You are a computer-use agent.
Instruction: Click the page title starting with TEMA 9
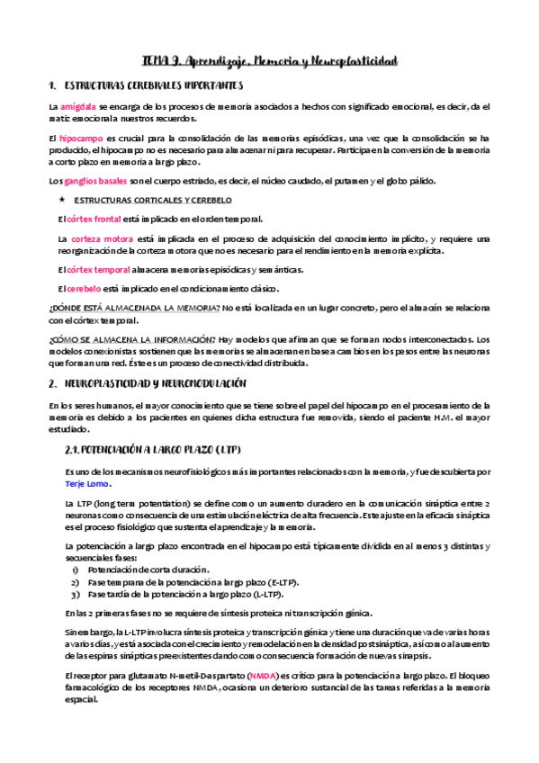[270, 61]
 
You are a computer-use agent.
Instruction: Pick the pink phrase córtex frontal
[94, 219]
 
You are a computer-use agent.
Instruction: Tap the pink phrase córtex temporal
[97, 270]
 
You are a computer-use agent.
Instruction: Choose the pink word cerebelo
[85, 289]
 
